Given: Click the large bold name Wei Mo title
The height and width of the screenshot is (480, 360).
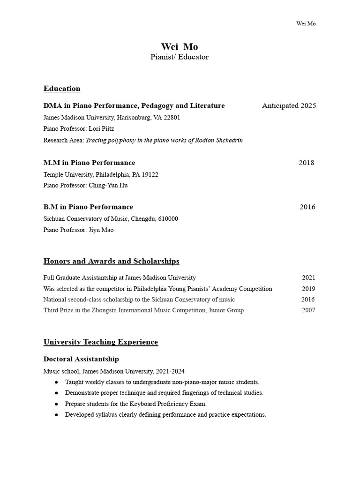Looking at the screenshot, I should (180, 46).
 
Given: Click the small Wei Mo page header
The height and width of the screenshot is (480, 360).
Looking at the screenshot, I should (306, 24).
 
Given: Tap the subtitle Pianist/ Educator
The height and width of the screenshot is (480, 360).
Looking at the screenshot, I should (180, 57).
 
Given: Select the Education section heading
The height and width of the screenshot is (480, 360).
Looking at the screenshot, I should (62, 89).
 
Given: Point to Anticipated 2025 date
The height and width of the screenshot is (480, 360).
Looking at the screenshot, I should (289, 105).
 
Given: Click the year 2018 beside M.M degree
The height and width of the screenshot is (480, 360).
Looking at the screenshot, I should (307, 163).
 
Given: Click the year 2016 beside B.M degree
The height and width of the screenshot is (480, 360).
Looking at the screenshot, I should (307, 207).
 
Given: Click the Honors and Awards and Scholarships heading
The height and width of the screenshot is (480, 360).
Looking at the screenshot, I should (111, 261).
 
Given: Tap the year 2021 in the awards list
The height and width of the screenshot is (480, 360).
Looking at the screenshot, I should (308, 277).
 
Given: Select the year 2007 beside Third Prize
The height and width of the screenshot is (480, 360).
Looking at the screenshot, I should (308, 310).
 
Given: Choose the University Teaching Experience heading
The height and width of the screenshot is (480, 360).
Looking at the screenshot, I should (101, 342).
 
